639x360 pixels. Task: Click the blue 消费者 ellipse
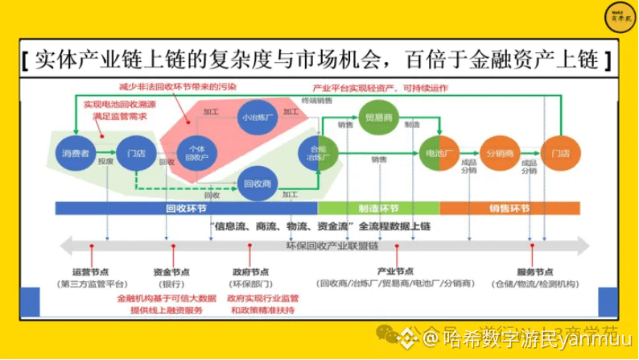76,152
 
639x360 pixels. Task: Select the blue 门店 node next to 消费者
130,152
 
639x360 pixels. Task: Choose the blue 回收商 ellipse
258,183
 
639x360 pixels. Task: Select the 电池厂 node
438,152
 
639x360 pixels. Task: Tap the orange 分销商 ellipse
501,152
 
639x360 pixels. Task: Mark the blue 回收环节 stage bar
188,209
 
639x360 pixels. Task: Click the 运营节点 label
91,272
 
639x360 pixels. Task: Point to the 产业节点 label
394,272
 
